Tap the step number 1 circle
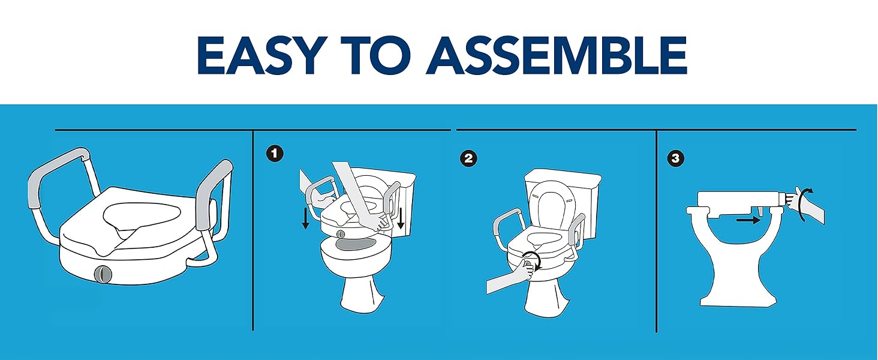point(275,154)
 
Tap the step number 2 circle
point(468,158)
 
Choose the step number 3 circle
point(675,158)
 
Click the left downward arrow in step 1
point(306,219)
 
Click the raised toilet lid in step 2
point(553,207)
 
